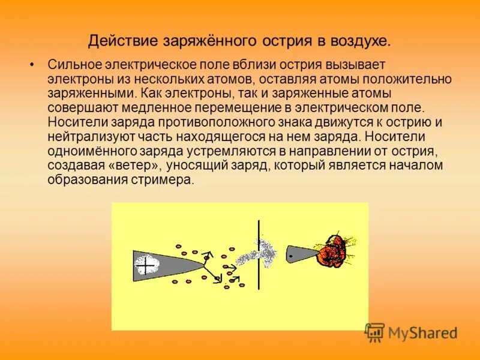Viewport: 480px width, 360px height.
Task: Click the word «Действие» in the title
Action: point(122,41)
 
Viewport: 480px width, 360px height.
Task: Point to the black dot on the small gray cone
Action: point(291,256)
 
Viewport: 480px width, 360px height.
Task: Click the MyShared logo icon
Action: point(375,332)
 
